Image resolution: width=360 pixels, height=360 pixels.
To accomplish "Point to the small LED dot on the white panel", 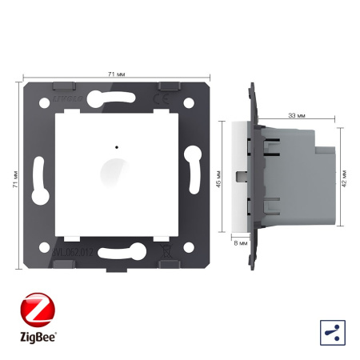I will tap(118, 148).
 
